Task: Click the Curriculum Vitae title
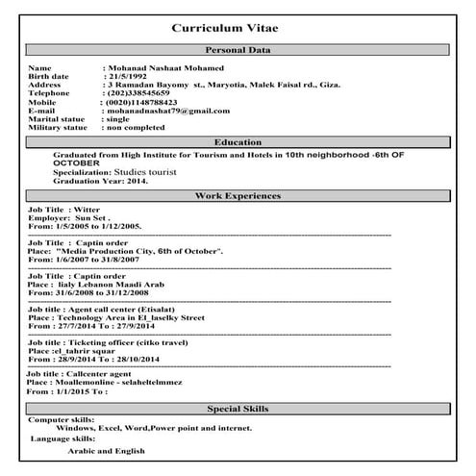click(x=238, y=29)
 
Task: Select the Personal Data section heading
click(x=238, y=50)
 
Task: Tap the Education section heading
click(x=238, y=142)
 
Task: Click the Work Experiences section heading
click(x=238, y=196)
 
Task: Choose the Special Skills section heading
click(x=238, y=409)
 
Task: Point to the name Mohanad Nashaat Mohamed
click(x=164, y=68)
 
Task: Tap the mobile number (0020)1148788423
click(x=142, y=102)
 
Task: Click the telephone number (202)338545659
click(x=140, y=93)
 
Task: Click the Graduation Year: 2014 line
click(x=101, y=180)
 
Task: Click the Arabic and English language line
click(x=106, y=450)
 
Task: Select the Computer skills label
click(x=62, y=420)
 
